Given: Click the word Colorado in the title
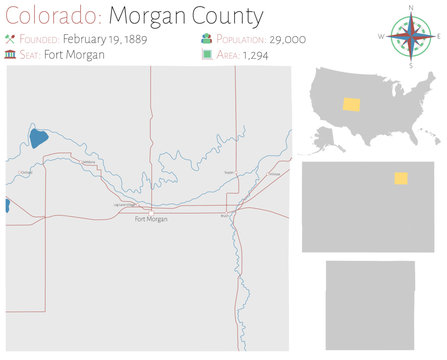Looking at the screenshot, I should pyautogui.click(x=50, y=16).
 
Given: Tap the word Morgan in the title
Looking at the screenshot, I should pyautogui.click(x=144, y=16).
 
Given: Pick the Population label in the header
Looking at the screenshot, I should pyautogui.click(x=235, y=40).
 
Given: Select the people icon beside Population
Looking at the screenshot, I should pyautogui.click(x=207, y=40).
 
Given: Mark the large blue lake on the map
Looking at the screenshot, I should pyautogui.click(x=38, y=138).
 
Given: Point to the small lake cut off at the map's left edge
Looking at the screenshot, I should pyautogui.click(x=8, y=205).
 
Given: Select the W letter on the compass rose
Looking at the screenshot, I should pyautogui.click(x=381, y=38).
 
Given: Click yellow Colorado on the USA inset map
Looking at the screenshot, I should pyautogui.click(x=352, y=103).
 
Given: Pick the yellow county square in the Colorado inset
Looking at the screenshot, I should pyautogui.click(x=400, y=178).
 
